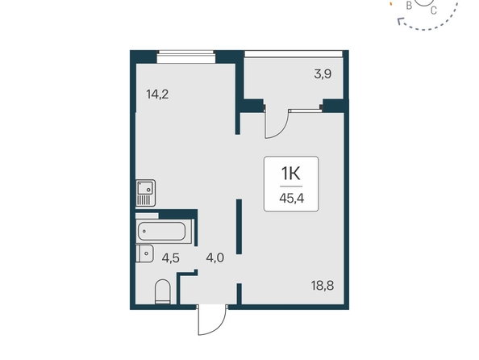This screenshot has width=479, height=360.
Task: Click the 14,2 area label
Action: tap(157, 94)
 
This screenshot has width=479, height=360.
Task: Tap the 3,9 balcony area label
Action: tap(323, 74)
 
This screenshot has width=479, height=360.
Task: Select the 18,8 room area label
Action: tap(323, 286)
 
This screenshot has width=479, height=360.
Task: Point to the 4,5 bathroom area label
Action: tap(170, 258)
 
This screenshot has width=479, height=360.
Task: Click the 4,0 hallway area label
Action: tap(215, 258)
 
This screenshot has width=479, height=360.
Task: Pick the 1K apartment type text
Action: tap(291, 174)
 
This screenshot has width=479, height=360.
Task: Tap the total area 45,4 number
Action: tap(291, 199)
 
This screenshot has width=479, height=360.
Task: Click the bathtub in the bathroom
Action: tap(161, 231)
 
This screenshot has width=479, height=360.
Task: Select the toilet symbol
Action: tap(163, 291)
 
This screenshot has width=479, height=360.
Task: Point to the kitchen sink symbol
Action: tap(145, 193)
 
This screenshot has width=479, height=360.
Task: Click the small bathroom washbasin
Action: tap(144, 253)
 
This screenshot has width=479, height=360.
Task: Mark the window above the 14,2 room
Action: tap(186, 57)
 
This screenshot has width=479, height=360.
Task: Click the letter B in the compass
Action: tap(409, 5)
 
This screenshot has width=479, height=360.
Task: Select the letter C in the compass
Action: tap(434, 10)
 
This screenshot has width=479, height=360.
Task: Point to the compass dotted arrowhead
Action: tap(400, 21)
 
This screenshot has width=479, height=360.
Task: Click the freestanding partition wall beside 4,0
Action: tap(240, 226)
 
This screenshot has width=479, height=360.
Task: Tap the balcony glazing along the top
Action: tap(294, 54)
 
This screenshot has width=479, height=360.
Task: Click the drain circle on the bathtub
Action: tap(144, 232)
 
